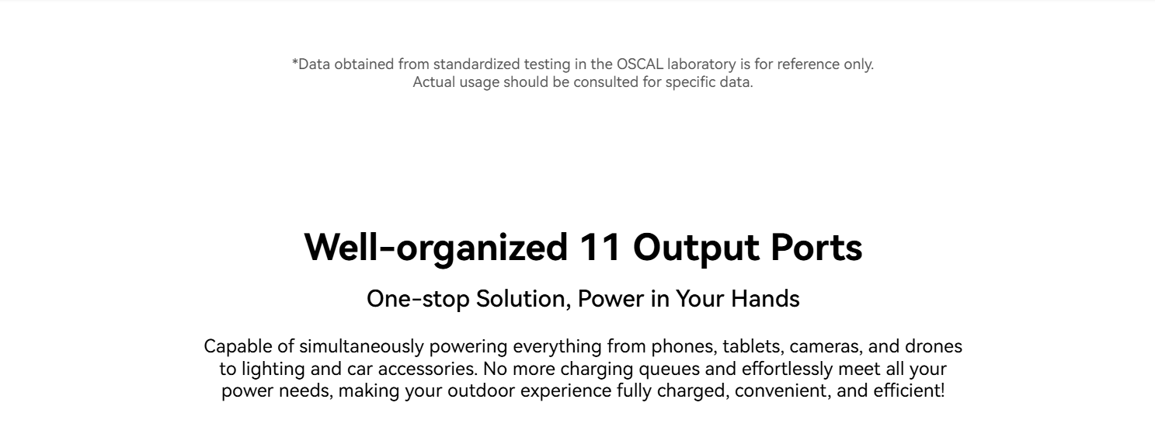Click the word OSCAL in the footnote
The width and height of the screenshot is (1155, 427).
(639, 64)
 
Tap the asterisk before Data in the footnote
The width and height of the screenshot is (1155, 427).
(295, 62)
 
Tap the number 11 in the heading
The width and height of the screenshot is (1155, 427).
(600, 248)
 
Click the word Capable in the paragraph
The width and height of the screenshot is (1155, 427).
(238, 347)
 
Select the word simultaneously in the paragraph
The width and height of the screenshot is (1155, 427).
(361, 347)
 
